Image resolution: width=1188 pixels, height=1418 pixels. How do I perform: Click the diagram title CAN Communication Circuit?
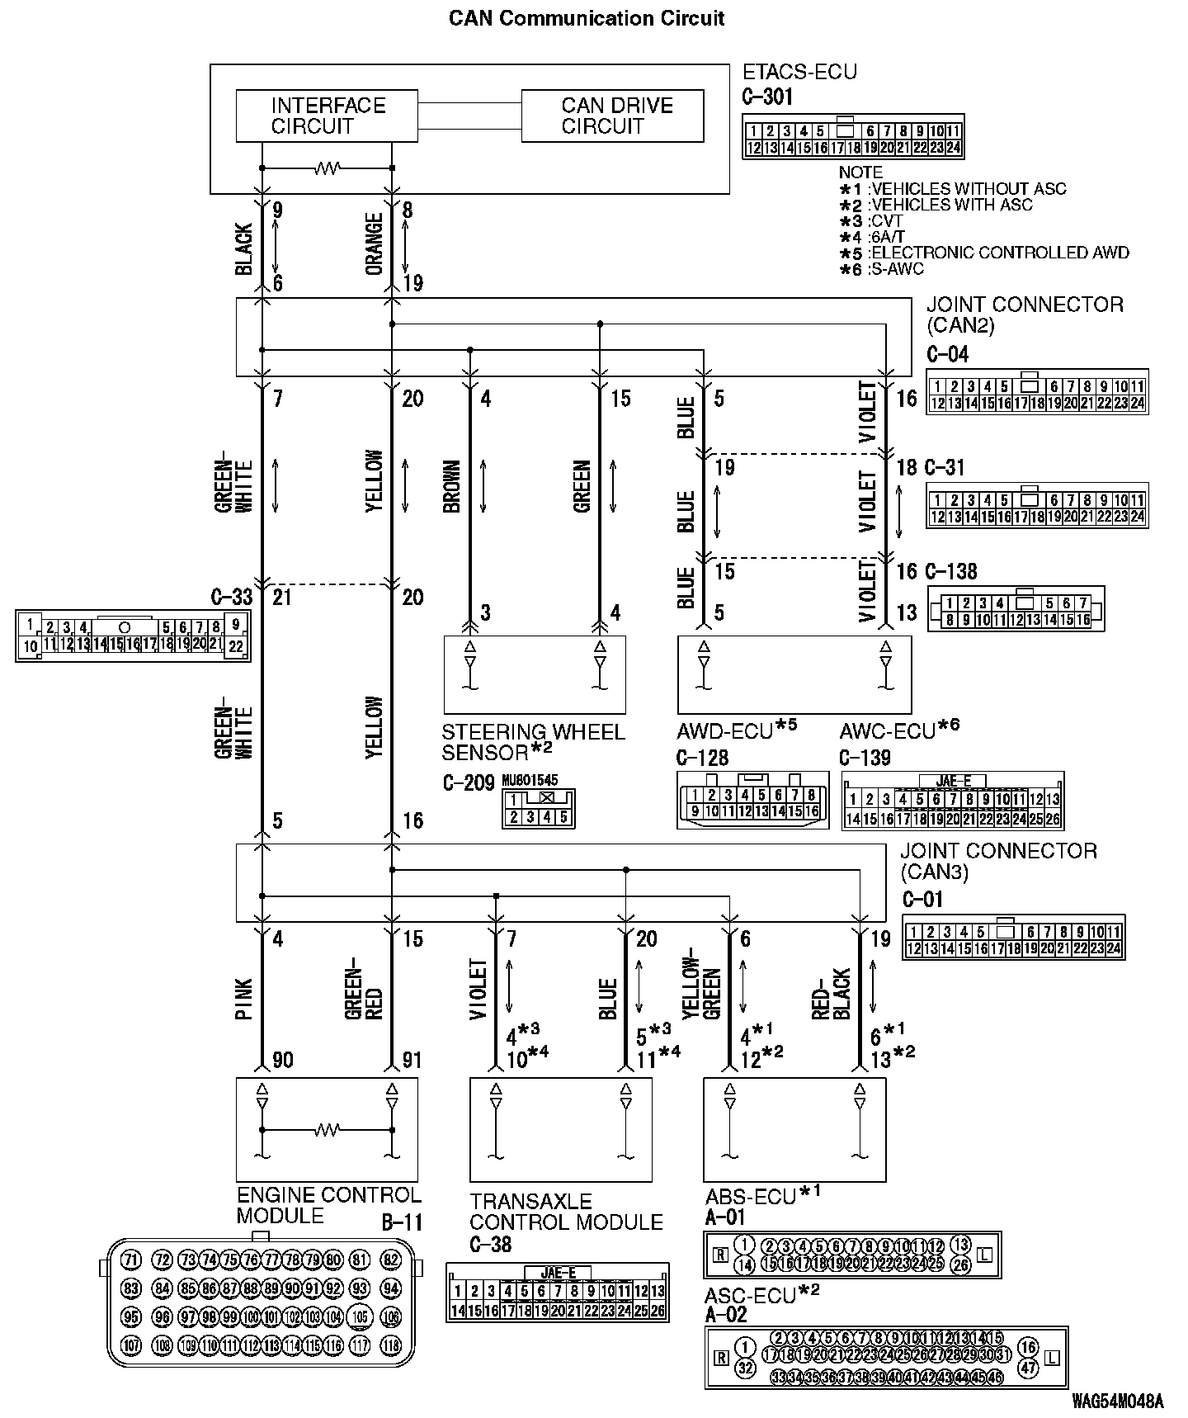pyautogui.click(x=587, y=18)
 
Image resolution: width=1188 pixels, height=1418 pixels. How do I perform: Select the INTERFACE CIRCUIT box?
pyautogui.click(x=328, y=116)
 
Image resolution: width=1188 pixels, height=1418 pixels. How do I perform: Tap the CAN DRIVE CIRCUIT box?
pyautogui.click(x=612, y=116)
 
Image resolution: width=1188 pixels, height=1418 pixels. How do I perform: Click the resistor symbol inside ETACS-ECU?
pyautogui.click(x=327, y=168)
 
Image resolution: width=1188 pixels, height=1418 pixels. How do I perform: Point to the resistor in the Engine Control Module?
pyautogui.click(x=328, y=1129)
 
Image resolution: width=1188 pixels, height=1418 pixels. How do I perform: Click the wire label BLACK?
pyautogui.click(x=244, y=248)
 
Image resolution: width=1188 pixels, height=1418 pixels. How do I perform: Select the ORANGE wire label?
pyautogui.click(x=374, y=244)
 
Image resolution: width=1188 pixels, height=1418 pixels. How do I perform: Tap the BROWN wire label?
pyautogui.click(x=451, y=487)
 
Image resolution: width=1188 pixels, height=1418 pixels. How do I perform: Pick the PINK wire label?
pyautogui.click(x=244, y=999)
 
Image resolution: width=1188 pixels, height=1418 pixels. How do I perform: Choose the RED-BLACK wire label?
pyautogui.click(x=832, y=995)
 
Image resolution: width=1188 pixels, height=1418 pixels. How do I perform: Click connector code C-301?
pyautogui.click(x=767, y=97)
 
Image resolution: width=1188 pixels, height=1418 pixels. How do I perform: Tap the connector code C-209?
pyautogui.click(x=468, y=782)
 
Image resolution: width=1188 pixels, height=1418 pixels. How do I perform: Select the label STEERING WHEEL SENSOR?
pyautogui.click(x=533, y=742)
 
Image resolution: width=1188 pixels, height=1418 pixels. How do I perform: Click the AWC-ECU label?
pyautogui.click(x=888, y=731)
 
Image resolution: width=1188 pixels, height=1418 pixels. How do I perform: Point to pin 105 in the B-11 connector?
pyautogui.click(x=360, y=1316)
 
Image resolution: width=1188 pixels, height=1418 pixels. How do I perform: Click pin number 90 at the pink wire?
pyautogui.click(x=282, y=1059)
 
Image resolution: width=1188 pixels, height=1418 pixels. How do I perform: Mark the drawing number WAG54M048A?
pyautogui.click(x=1118, y=1401)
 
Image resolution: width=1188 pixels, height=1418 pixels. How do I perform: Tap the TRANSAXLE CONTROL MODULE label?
pyautogui.click(x=566, y=1212)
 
